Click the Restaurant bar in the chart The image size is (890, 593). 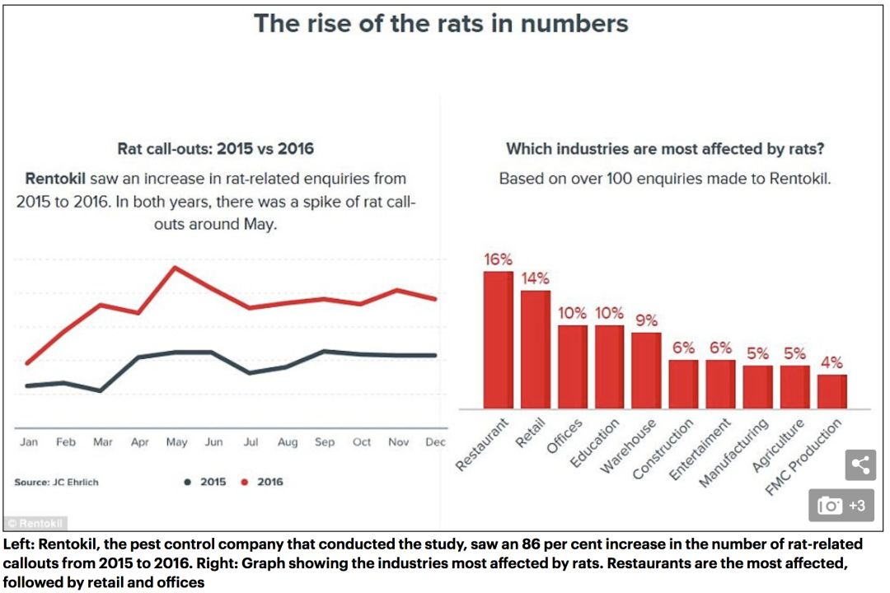pyautogui.click(x=498, y=339)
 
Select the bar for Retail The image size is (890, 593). pyautogui.click(x=535, y=349)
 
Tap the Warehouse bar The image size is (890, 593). pyautogui.click(x=646, y=370)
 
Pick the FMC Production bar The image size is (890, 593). pyautogui.click(x=831, y=391)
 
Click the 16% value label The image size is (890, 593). pyautogui.click(x=499, y=259)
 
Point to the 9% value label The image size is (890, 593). pyautogui.click(x=646, y=320)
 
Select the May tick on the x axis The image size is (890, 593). pyautogui.click(x=176, y=442)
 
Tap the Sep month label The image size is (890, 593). pyautogui.click(x=325, y=442)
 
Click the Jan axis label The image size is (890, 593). pyautogui.click(x=29, y=442)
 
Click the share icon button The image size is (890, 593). pyautogui.click(x=860, y=465)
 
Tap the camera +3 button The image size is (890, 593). pyautogui.click(x=841, y=506)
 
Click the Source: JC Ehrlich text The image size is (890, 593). pyautogui.click(x=56, y=482)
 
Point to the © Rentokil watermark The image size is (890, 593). pyautogui.click(x=35, y=523)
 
